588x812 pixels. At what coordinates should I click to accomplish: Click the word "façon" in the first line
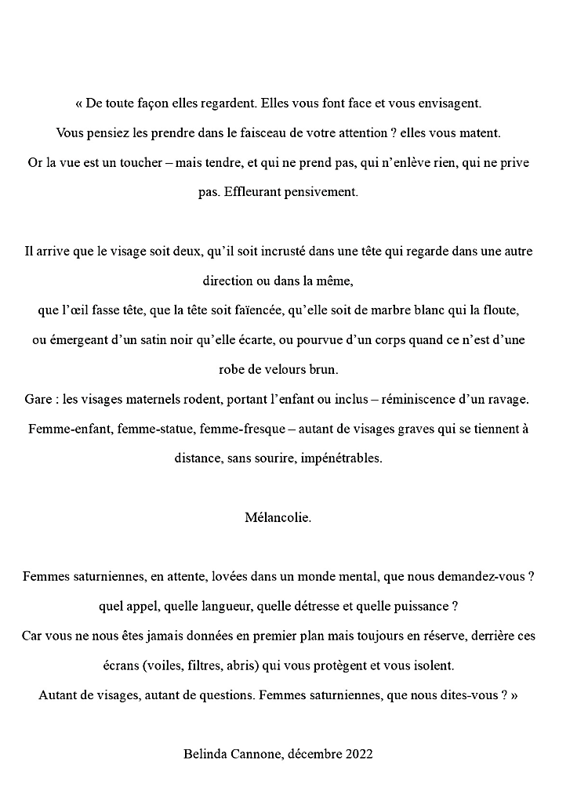pyautogui.click(x=156, y=103)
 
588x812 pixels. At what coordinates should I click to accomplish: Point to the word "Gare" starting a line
pyautogui.click(x=38, y=399)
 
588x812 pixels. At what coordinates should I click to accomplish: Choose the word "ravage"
pyautogui.click(x=510, y=399)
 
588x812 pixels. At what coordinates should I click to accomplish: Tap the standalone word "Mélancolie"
pyautogui.click(x=278, y=517)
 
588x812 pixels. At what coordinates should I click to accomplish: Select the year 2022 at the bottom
pyautogui.click(x=358, y=754)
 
